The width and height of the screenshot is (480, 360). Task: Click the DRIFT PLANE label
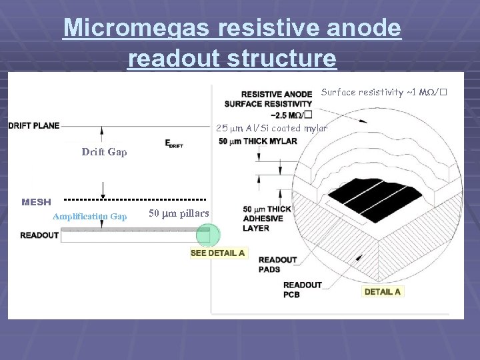coord(33,125)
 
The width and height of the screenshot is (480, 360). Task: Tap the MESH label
coord(36,201)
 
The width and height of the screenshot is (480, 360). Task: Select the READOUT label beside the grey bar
coord(39,235)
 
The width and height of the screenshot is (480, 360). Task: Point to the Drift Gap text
coord(104,152)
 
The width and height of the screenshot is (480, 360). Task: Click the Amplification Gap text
coord(89,216)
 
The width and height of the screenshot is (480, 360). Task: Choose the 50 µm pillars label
coord(178,213)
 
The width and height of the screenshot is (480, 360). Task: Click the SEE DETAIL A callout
coord(218,253)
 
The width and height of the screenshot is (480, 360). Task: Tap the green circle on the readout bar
coord(208,235)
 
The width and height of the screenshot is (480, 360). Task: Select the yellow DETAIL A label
coord(383,291)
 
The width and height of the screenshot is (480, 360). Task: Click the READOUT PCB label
coord(302,289)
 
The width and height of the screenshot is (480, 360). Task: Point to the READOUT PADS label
coord(277,264)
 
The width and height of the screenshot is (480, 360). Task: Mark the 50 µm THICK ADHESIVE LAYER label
coord(266,219)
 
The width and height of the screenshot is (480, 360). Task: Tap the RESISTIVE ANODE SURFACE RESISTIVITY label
coord(276,103)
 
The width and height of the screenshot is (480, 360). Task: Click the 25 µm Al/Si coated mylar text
coord(271,128)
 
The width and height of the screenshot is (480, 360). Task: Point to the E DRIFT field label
coord(174,143)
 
